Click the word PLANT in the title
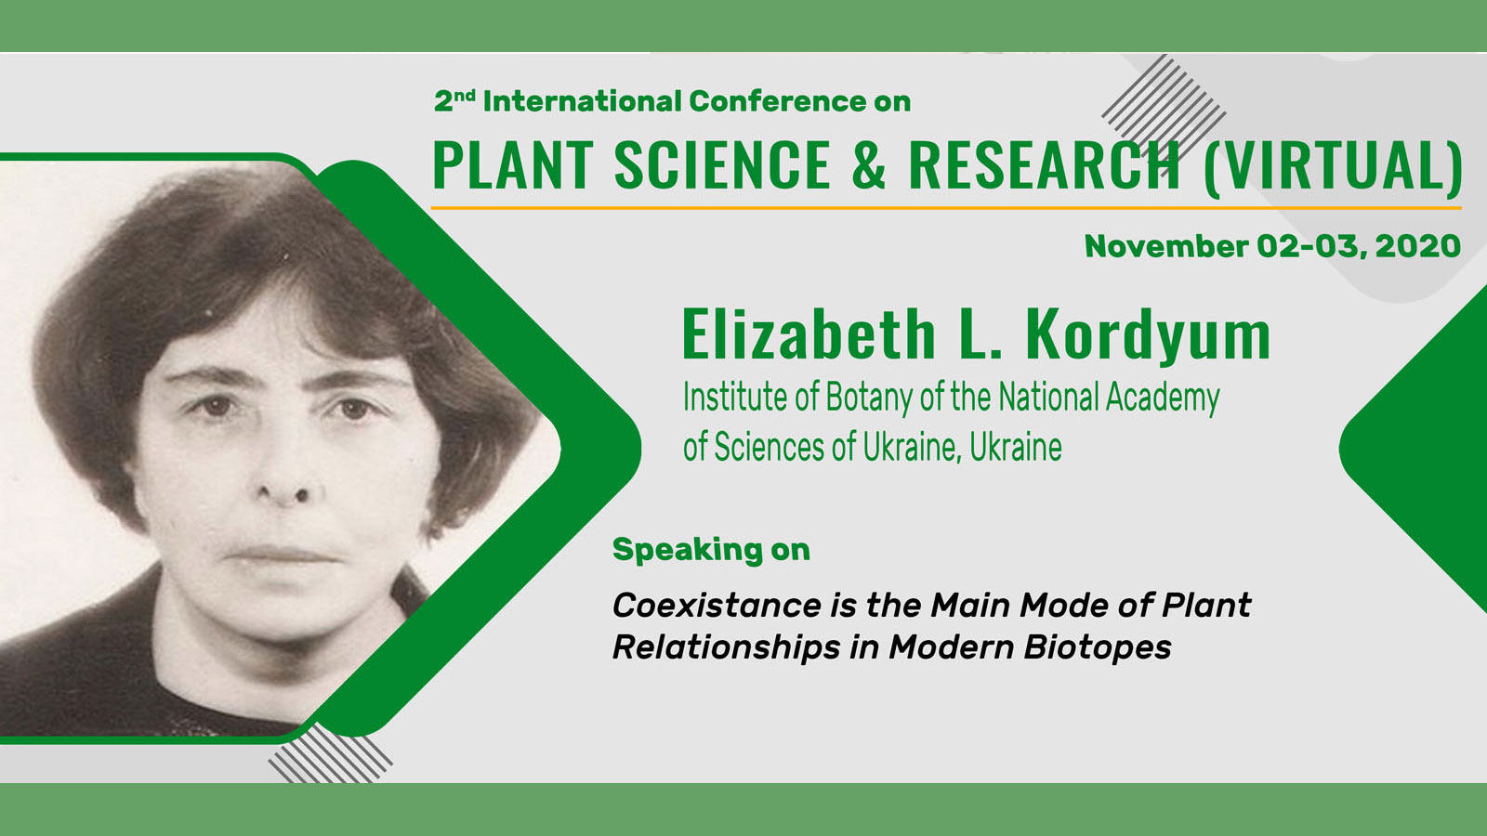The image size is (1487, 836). pyautogui.click(x=512, y=165)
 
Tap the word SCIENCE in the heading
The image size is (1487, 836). pyautogui.click(x=722, y=165)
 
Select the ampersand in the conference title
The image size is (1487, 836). pyautogui.click(x=869, y=165)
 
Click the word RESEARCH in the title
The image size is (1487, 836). pyautogui.click(x=1044, y=165)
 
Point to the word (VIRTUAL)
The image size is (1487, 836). pyautogui.click(x=1333, y=167)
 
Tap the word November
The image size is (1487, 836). pyautogui.click(x=1166, y=246)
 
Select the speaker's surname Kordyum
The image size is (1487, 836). pyautogui.click(x=1149, y=335)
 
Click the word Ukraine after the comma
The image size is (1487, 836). pyautogui.click(x=1016, y=447)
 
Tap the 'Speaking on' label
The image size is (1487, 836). pyautogui.click(x=711, y=550)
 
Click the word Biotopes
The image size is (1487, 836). pyautogui.click(x=1098, y=647)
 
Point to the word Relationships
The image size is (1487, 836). pyautogui.click(x=726, y=647)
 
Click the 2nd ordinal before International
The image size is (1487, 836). pyautogui.click(x=454, y=99)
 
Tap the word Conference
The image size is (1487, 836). pyautogui.click(x=778, y=101)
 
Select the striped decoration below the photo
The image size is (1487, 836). pyautogui.click(x=330, y=753)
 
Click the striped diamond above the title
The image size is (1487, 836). pyautogui.click(x=1164, y=114)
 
